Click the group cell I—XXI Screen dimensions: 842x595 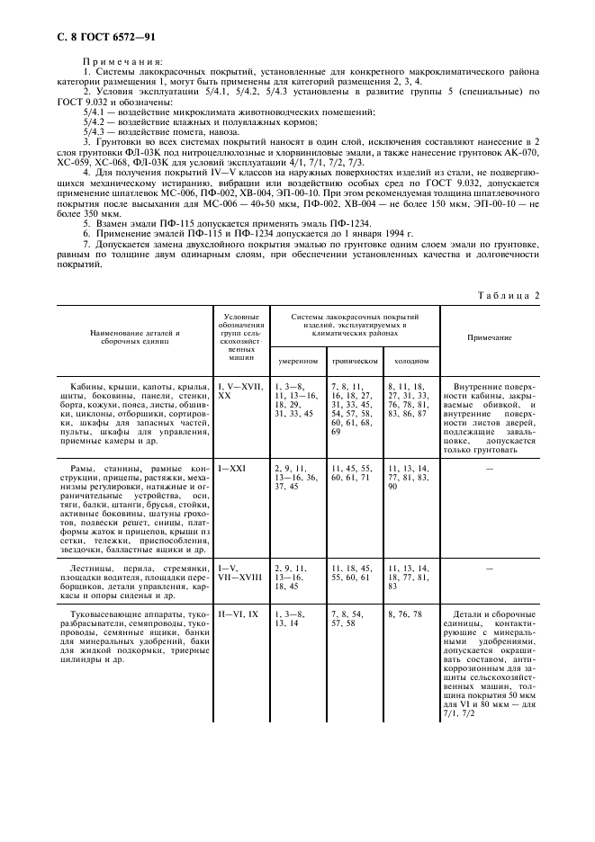(231, 469)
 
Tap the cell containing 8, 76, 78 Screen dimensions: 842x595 (406, 614)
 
